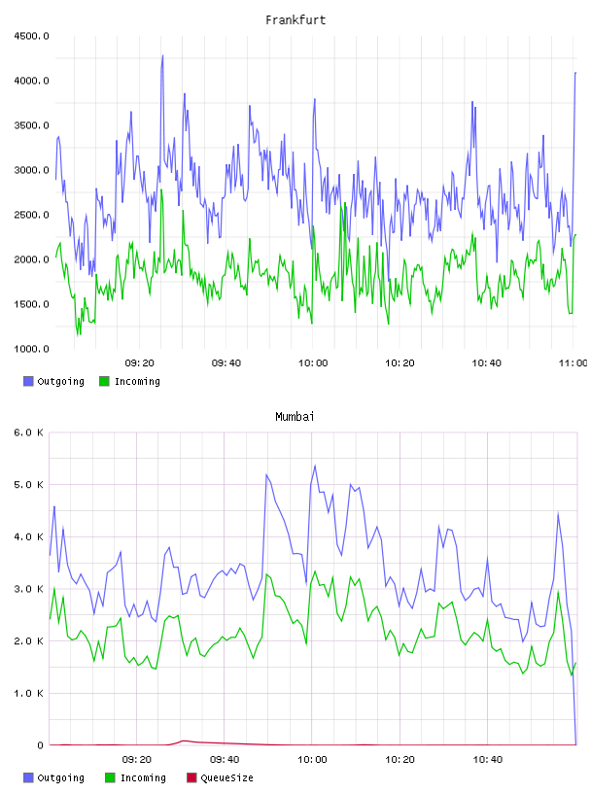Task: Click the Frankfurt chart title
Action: (295, 20)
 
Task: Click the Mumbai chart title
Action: (295, 417)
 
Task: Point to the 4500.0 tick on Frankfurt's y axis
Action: (31, 36)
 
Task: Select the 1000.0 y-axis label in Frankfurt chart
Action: (31, 349)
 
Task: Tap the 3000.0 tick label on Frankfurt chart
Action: (31, 170)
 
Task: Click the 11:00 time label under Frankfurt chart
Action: (573, 363)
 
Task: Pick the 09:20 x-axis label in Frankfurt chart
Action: (140, 363)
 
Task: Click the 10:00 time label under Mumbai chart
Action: (312, 760)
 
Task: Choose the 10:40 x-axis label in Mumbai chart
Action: (488, 760)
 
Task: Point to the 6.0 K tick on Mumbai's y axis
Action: (28, 432)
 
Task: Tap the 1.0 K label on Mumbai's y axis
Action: (28, 693)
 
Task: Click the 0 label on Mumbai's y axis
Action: (41, 745)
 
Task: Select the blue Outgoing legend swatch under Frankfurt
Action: (28, 381)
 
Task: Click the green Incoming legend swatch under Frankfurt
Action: (104, 381)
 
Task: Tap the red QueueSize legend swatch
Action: (191, 777)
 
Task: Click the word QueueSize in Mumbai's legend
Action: (226, 777)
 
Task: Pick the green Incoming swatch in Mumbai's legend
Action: (110, 777)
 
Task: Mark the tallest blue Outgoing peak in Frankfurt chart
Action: (162, 55)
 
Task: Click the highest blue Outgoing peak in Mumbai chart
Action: (315, 465)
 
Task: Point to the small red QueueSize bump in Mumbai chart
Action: (184, 741)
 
